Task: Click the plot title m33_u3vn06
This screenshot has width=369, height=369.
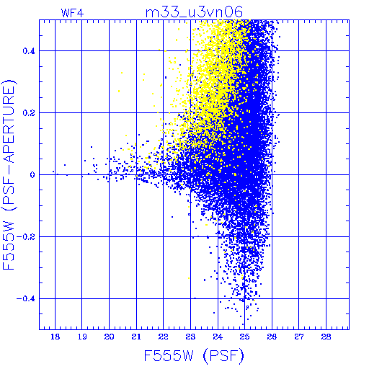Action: click(194, 12)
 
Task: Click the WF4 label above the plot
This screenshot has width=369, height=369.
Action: click(72, 13)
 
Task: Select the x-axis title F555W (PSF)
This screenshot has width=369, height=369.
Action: click(194, 356)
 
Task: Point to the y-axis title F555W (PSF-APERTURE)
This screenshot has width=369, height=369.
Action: click(9, 174)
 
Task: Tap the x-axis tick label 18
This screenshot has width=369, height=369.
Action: click(55, 337)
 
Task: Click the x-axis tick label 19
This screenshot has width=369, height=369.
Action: click(82, 337)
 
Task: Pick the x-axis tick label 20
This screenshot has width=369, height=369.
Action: click(109, 337)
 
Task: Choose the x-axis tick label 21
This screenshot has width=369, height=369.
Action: click(136, 337)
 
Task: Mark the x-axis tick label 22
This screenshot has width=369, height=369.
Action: click(164, 337)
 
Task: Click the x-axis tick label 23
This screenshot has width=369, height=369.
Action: click(190, 337)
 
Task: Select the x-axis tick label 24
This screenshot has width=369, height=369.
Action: click(218, 337)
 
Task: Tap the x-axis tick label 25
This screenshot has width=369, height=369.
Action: click(244, 337)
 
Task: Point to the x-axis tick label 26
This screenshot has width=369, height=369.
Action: click(272, 337)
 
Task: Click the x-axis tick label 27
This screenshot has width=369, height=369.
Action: click(299, 337)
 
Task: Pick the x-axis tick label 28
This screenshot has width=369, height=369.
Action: click(326, 337)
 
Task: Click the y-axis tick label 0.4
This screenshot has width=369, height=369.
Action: click(29, 51)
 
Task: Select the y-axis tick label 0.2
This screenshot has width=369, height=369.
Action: click(29, 113)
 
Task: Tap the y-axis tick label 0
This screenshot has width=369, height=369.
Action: click(32, 175)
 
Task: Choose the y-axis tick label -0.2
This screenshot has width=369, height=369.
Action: click(26, 237)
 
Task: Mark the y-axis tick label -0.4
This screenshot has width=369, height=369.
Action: click(26, 299)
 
